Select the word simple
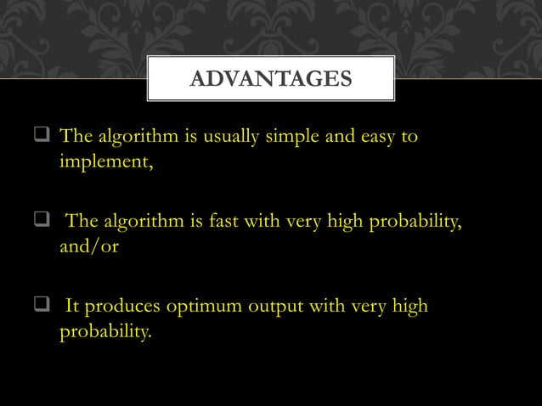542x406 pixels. tap(291, 138)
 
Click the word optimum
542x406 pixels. tap(206, 306)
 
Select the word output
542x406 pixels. tap(279, 306)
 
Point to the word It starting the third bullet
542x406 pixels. tap(73, 305)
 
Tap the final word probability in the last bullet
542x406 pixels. tap(105, 329)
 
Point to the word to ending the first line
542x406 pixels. tap(409, 138)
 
